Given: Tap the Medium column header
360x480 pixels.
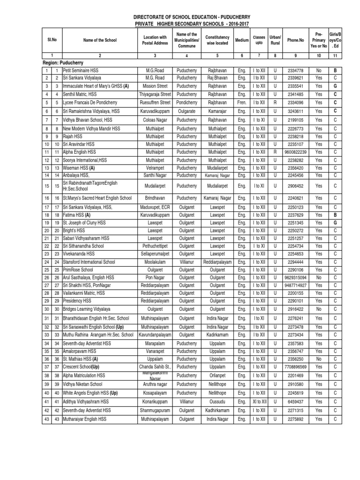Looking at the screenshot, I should tap(242, 40).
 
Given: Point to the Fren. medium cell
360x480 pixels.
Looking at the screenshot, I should tap(242, 102).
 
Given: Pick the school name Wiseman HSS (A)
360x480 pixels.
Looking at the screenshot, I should tap(80, 167).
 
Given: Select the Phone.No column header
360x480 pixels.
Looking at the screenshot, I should tap(293, 40).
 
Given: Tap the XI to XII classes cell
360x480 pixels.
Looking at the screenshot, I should tap(259, 402).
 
